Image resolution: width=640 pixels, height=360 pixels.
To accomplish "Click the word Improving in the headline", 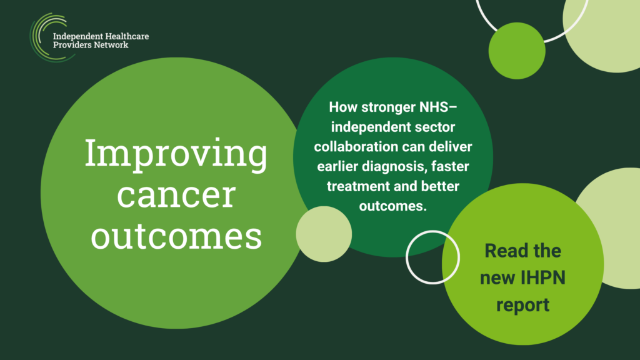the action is (176, 154).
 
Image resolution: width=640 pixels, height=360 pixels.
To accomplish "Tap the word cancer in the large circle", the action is (176, 196).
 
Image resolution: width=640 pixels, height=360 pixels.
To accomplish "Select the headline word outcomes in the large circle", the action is (176, 236).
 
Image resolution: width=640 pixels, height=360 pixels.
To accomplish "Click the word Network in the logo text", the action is (111, 45).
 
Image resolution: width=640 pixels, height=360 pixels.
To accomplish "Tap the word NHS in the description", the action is (435, 107).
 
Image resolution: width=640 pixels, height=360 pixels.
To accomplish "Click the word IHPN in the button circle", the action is (543, 278).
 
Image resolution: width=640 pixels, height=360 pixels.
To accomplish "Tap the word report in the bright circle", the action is (523, 305).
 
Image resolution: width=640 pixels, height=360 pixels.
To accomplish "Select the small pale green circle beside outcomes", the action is (324, 234).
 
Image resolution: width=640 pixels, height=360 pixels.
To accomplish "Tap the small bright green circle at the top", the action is (517, 51).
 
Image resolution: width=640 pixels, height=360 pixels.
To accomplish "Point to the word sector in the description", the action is (435, 127).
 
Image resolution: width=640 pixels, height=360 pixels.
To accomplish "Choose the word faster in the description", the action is (450, 166).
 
